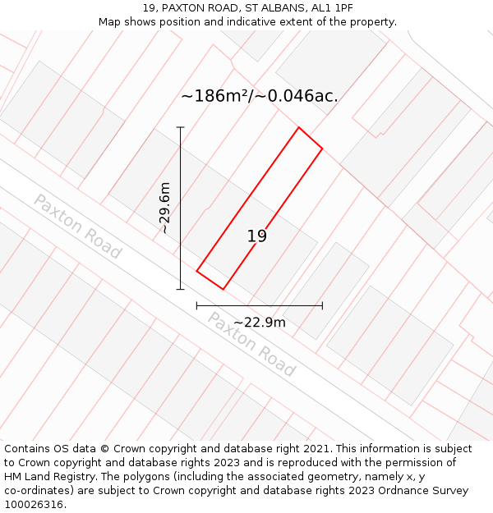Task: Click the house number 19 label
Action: (x=257, y=236)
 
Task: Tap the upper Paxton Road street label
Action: (x=77, y=227)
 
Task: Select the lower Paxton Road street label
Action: (x=251, y=344)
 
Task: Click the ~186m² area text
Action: (x=214, y=96)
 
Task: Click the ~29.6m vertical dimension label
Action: (x=165, y=208)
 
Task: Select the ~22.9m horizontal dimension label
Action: (x=260, y=323)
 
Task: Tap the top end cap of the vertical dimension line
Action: (x=180, y=127)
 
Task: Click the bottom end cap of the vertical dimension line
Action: (x=180, y=289)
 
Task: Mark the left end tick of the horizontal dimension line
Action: (x=196, y=306)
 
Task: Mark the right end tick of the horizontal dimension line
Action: (x=322, y=306)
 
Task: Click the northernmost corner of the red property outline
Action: (x=298, y=128)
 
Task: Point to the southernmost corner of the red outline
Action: (x=223, y=289)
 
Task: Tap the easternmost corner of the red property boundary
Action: (x=322, y=149)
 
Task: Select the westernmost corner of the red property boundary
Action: (x=196, y=271)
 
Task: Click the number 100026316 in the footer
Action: (x=34, y=504)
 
